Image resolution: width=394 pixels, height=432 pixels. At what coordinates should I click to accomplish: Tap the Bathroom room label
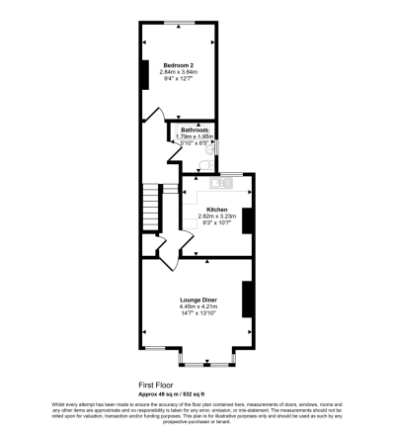click(x=194, y=130)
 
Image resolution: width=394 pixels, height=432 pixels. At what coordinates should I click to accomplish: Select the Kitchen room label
click(x=217, y=210)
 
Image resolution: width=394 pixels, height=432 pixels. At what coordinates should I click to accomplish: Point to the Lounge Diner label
click(x=197, y=299)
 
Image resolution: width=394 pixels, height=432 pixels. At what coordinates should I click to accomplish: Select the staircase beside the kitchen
click(x=150, y=209)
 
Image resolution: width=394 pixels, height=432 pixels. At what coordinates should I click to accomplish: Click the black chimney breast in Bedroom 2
click(x=146, y=74)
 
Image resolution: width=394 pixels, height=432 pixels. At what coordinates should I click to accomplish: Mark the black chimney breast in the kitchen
click(x=249, y=221)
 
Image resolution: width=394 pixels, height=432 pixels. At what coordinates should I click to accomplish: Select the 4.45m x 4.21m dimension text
click(x=197, y=306)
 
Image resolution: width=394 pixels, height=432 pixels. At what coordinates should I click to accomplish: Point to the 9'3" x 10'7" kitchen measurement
click(x=217, y=224)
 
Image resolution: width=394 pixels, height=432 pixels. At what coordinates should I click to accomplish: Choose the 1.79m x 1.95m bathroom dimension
click(x=194, y=137)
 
